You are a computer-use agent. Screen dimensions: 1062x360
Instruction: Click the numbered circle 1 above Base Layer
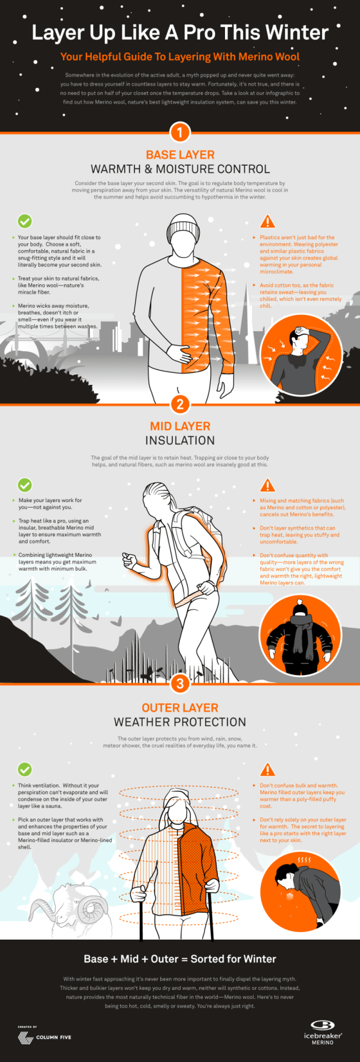(x=180, y=132)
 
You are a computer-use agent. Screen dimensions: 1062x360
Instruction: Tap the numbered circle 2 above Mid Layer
(x=180, y=404)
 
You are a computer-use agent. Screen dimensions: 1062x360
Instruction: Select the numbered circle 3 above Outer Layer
(x=180, y=683)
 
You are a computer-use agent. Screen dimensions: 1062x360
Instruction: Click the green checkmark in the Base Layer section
(x=25, y=221)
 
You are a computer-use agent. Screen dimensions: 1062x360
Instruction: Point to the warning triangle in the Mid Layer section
(x=267, y=485)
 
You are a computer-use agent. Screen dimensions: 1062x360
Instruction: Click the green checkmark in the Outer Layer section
(x=25, y=769)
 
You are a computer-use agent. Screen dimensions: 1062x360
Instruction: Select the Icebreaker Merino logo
(x=323, y=1032)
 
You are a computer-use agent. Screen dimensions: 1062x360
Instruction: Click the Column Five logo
(x=44, y=1037)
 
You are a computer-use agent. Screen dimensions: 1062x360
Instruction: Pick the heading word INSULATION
(x=180, y=440)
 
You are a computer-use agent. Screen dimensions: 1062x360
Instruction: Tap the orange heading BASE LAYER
(x=180, y=155)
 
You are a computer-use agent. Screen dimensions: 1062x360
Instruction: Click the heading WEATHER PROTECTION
(x=180, y=722)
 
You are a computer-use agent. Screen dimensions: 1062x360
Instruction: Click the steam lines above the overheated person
(x=304, y=859)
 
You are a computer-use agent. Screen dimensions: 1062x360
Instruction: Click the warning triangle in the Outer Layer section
(x=267, y=769)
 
